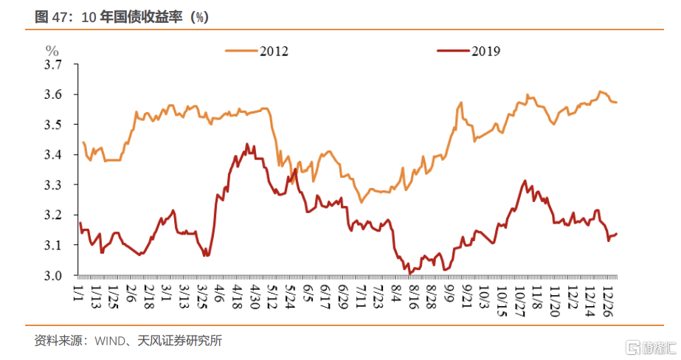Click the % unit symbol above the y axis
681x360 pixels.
52,50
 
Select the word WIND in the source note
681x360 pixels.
105,341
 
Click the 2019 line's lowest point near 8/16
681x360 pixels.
409,274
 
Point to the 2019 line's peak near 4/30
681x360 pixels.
246,145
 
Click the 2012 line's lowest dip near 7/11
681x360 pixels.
362,201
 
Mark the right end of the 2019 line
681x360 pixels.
617,234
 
